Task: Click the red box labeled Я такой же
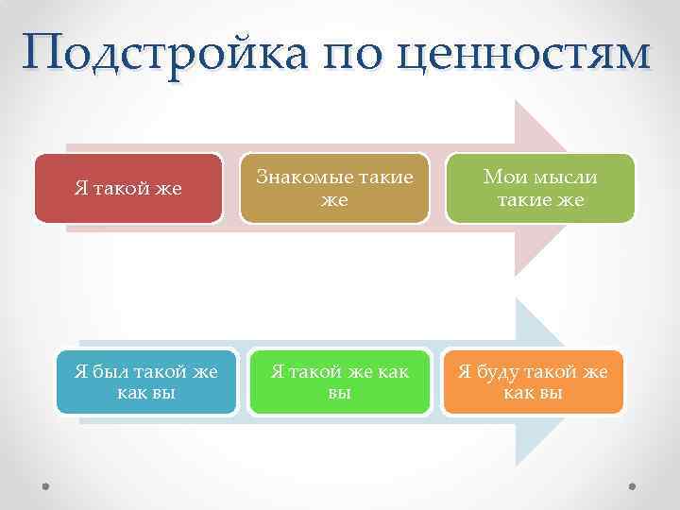click(128, 189)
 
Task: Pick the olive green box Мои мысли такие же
click(540, 189)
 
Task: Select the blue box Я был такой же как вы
click(146, 382)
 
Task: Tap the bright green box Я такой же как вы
click(339, 382)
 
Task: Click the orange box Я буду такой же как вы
click(533, 382)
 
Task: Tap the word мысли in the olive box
click(563, 177)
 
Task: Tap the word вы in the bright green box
click(339, 393)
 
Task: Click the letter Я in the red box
click(81, 189)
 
